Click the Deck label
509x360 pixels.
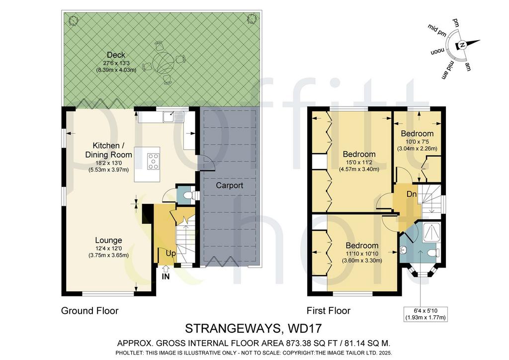(x=116, y=55)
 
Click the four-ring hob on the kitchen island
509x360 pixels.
(x=154, y=161)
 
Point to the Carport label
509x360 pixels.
(x=230, y=185)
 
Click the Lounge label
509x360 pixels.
(x=108, y=240)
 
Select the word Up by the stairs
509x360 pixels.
(x=170, y=253)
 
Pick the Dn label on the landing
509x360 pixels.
(x=412, y=194)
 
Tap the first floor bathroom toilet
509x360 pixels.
(x=433, y=253)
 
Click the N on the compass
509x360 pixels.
(x=463, y=45)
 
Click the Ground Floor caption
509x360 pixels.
(x=89, y=311)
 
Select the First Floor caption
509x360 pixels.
(x=329, y=311)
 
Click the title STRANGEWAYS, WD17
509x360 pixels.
(x=253, y=328)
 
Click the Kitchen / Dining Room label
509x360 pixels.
(x=108, y=150)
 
